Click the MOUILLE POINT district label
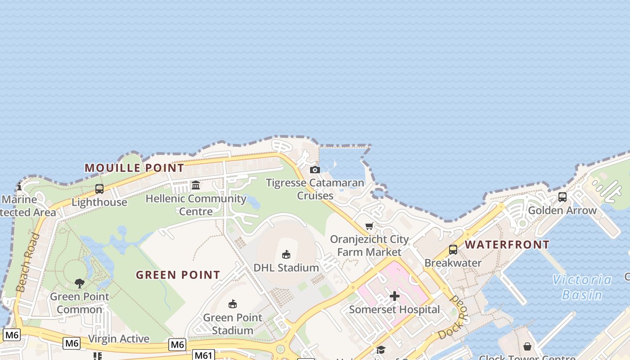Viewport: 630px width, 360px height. point(134,168)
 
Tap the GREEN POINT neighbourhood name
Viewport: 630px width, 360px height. point(178,274)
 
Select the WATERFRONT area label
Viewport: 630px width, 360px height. point(507,244)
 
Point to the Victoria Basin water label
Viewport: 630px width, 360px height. point(582,287)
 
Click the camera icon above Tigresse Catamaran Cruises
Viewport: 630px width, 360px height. point(315,170)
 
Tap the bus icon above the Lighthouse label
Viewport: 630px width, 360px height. point(99,189)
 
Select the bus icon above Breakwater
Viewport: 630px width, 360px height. point(453,250)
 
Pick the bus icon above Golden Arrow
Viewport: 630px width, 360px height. point(562,197)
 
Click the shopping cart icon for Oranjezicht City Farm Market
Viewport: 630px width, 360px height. point(369,226)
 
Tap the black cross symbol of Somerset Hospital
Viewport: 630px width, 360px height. point(395,296)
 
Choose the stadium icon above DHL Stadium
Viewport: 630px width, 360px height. point(286,255)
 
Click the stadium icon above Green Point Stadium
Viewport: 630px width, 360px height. point(233,304)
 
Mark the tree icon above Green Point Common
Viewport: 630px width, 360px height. point(80,283)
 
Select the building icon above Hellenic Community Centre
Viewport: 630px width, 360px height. point(196,185)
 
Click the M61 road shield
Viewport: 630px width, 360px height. point(203,355)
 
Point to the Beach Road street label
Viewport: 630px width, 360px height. point(27,262)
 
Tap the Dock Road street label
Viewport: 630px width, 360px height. point(454,318)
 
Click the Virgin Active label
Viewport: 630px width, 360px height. point(119,339)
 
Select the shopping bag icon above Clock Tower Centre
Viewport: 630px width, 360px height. point(527,346)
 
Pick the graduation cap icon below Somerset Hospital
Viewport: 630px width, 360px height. point(381,350)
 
